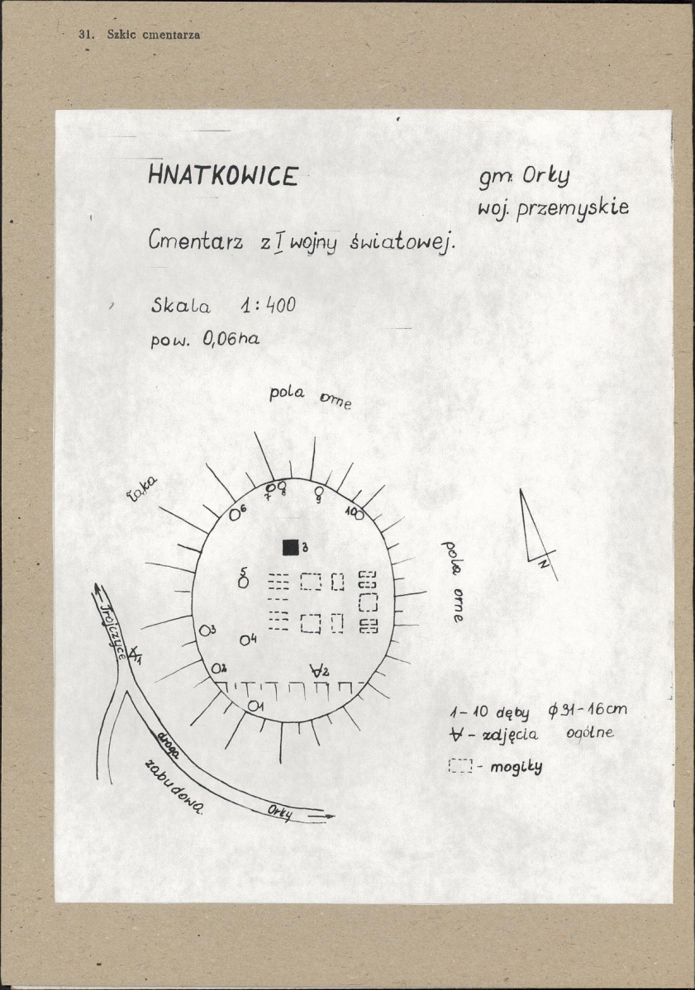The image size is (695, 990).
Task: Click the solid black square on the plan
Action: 290,546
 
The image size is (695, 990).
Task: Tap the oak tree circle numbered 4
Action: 245,640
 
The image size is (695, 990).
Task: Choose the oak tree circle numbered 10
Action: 359,515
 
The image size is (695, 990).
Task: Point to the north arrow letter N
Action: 543,564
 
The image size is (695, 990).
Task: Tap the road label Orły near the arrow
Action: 281,812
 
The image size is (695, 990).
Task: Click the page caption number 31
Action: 83,34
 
